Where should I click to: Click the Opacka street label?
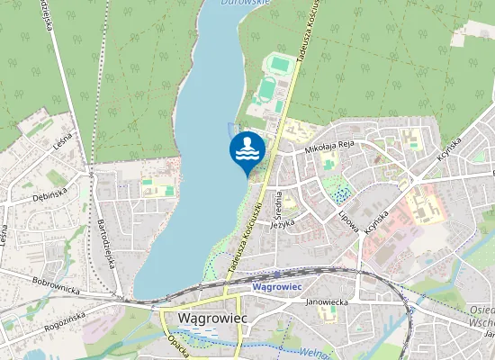tap(178, 344)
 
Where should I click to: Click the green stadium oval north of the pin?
tap(267, 90)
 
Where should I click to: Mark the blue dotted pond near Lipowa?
tap(341, 190)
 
